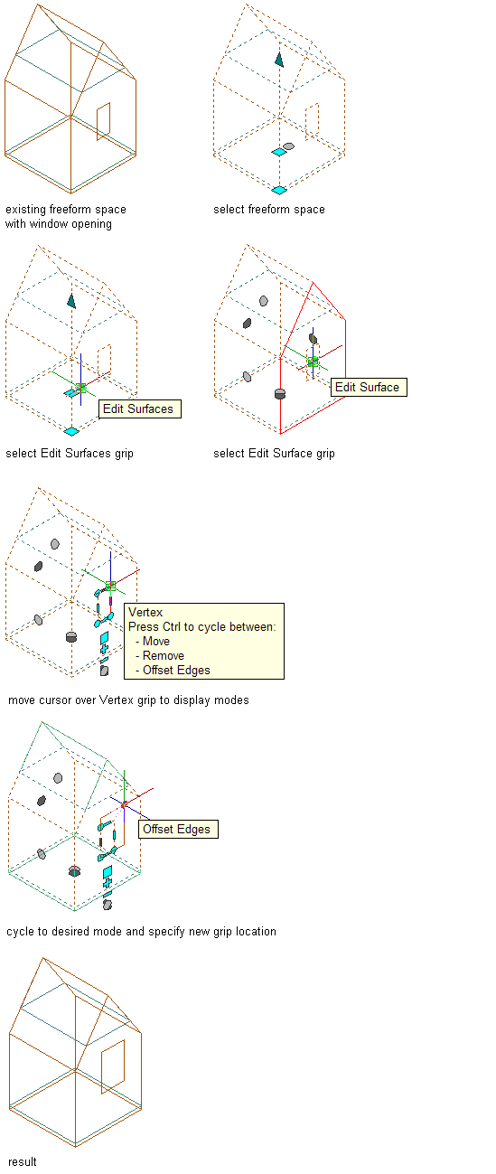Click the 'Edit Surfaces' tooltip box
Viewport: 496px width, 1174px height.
click(140, 409)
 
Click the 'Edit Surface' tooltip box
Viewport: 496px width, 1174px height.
click(369, 388)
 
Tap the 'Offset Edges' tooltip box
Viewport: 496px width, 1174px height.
click(178, 829)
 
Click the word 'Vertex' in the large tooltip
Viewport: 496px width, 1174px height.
click(145, 612)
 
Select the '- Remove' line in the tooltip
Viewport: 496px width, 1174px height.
click(160, 655)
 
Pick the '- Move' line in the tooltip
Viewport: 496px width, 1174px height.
click(153, 641)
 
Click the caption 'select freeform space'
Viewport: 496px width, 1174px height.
click(268, 210)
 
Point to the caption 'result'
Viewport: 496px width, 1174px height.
click(22, 1161)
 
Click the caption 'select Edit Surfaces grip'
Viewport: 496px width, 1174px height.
click(70, 454)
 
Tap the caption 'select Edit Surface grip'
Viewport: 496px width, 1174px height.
click(274, 454)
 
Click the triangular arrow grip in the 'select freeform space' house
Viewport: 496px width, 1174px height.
click(279, 60)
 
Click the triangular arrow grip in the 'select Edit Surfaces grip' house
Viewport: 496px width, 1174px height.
click(71, 301)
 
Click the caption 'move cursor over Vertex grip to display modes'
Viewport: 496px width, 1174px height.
click(128, 700)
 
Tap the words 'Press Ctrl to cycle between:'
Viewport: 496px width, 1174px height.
click(201, 627)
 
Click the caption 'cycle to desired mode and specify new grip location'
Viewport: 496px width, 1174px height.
click(141, 932)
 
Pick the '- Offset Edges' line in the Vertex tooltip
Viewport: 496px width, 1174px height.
click(173, 671)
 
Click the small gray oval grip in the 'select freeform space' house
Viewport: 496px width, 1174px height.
click(288, 146)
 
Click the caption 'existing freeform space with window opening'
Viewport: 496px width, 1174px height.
click(65, 217)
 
